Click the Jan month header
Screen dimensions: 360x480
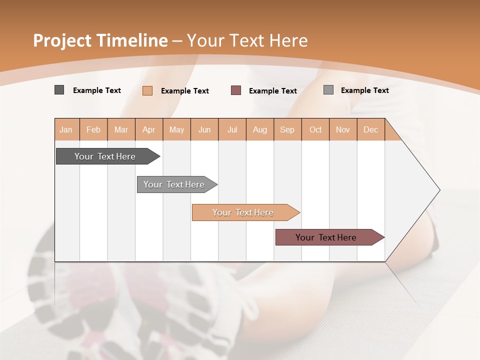66,129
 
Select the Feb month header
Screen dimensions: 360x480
93,129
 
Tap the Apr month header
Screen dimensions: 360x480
148,129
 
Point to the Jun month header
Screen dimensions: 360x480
204,129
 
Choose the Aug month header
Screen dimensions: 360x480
259,129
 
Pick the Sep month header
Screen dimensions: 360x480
287,129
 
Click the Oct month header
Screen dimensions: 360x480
315,129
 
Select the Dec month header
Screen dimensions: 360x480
370,129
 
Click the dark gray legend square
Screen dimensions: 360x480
59,90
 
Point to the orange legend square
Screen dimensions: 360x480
147,90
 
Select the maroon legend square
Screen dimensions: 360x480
236,90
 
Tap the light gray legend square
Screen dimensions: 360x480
328,90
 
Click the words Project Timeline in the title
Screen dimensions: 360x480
100,40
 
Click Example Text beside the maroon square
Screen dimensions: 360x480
272,91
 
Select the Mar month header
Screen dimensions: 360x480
121,129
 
